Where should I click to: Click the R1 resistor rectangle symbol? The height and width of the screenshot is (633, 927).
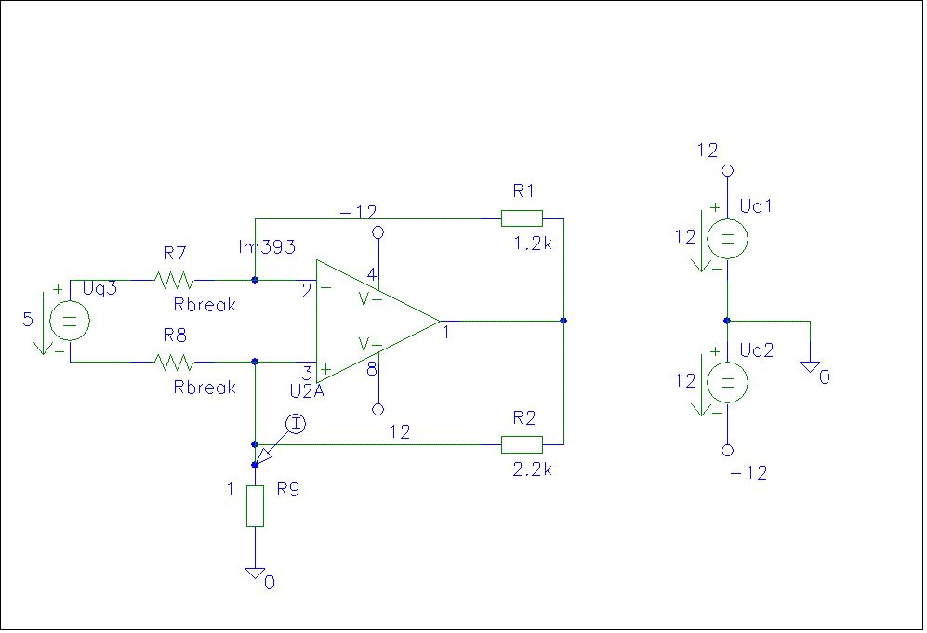click(522, 218)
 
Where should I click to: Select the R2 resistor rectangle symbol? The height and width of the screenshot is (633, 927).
click(522, 444)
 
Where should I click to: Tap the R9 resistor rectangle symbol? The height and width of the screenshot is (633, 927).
click(255, 506)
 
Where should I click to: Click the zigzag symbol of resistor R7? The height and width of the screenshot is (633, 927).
click(174, 280)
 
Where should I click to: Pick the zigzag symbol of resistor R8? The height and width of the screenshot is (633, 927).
click(174, 362)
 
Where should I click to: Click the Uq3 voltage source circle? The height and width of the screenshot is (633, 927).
click(70, 321)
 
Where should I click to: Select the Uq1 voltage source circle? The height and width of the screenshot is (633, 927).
click(727, 239)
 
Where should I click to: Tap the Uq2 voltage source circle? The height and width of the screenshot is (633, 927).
click(727, 382)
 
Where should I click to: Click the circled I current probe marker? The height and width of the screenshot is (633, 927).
click(296, 424)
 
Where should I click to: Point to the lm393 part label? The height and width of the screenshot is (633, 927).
click(267, 246)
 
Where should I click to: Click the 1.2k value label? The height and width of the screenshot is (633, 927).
click(533, 243)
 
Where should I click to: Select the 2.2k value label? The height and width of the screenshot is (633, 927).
click(533, 469)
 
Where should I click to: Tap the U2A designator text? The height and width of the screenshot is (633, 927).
click(308, 391)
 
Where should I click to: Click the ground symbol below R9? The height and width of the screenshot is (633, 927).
click(256, 574)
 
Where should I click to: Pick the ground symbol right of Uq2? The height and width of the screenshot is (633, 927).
click(810, 367)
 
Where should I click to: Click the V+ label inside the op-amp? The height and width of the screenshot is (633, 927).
click(371, 344)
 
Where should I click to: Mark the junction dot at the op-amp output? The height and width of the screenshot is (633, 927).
click(563, 321)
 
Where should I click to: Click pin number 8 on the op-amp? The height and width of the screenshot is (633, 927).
click(371, 369)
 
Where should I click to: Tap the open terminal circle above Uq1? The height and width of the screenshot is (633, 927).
click(728, 171)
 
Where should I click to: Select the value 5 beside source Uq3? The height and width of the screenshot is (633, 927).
click(28, 319)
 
